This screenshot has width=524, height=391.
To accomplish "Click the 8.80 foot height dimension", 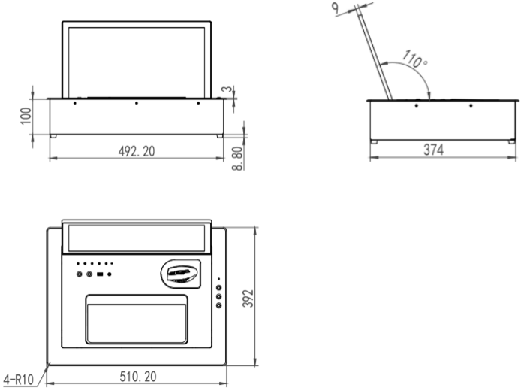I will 239,159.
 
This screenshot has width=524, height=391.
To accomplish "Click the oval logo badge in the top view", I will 183,273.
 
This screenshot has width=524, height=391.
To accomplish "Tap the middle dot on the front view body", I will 136,103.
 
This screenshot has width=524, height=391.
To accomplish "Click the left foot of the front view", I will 53,135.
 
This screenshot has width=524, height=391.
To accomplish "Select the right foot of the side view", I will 512,140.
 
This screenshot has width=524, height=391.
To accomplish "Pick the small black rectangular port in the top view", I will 100,275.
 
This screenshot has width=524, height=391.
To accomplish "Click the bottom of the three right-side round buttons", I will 219,305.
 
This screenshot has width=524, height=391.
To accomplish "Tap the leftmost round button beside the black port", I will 80,275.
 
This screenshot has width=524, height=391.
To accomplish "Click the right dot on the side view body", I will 471,106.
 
